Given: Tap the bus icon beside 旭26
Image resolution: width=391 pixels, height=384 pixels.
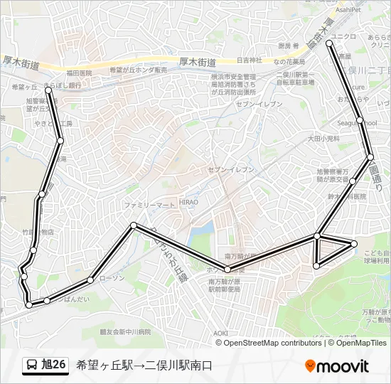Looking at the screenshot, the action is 32,366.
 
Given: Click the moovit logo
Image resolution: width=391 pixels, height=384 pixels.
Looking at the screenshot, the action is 337,366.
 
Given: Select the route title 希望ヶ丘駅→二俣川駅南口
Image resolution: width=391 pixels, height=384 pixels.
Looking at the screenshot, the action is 144,366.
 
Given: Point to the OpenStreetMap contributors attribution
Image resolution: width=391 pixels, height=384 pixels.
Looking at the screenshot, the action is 274,343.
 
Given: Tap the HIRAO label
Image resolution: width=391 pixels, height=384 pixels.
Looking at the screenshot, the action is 188,202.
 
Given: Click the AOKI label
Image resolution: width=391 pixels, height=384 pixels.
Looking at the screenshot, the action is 220,333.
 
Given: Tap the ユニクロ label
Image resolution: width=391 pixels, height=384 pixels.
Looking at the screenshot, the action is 344,36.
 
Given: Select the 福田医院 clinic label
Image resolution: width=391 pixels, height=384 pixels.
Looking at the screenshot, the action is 79,73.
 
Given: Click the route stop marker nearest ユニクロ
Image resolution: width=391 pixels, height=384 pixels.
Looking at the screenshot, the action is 329,43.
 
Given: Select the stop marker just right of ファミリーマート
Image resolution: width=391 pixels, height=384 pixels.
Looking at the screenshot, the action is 134,225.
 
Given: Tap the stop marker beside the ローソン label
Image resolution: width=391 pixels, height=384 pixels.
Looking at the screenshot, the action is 90,279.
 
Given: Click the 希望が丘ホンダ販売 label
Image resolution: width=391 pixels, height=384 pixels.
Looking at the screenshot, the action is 139,70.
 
